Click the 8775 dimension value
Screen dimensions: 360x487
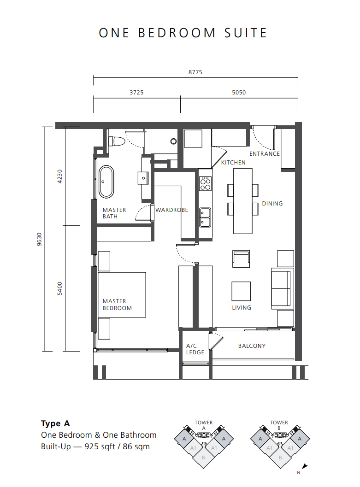tap(195, 72)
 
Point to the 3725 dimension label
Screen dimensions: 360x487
tap(136, 93)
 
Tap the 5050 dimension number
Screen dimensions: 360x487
tap(239, 93)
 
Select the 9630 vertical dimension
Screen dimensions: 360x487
tap(39, 239)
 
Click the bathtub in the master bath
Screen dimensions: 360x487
tap(106, 182)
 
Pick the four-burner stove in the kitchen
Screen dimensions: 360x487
tap(205, 183)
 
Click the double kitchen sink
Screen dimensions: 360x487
tap(205, 217)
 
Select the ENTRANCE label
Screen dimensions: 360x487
tap(264, 154)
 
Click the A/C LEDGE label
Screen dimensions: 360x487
tap(195, 349)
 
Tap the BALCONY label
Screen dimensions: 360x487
tap(252, 346)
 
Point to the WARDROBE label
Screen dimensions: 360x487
tap(172, 210)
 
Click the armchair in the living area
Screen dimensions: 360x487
tap(241, 259)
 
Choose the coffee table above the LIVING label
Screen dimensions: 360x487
tap(241, 291)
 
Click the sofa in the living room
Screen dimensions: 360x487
tap(283, 288)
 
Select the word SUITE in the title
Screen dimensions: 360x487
tap(246, 33)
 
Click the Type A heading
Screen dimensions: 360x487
tap(56, 423)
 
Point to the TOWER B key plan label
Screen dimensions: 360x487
tap(279, 425)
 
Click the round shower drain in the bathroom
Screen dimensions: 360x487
tap(174, 141)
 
